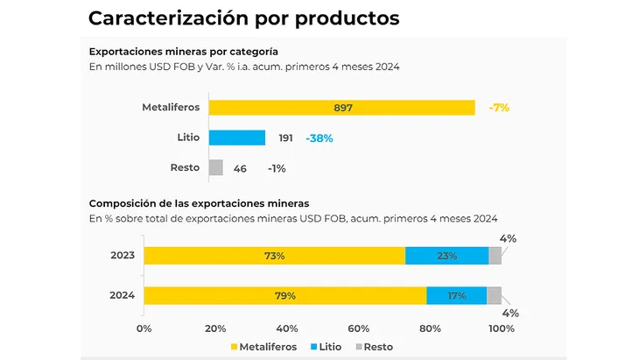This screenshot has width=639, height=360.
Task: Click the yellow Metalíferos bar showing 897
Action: [x=342, y=108]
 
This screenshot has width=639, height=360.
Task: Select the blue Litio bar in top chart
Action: [x=237, y=138]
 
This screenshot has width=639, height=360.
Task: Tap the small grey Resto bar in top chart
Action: [x=216, y=167]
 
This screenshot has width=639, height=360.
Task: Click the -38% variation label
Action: [x=319, y=138]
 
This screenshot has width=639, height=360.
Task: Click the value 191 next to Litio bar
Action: [x=285, y=138]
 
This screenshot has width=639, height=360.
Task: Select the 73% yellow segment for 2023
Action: [x=274, y=256]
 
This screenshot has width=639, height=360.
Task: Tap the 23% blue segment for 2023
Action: [x=446, y=256]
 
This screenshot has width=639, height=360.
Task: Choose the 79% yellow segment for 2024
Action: [x=284, y=296]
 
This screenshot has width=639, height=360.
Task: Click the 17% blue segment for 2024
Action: [x=456, y=296]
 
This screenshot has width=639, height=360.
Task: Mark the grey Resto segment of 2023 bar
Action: [x=495, y=256]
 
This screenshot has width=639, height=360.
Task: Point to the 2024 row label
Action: [x=123, y=296]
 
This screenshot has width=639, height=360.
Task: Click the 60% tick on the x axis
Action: [x=359, y=328]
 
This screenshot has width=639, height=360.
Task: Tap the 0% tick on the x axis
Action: [x=144, y=328]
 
